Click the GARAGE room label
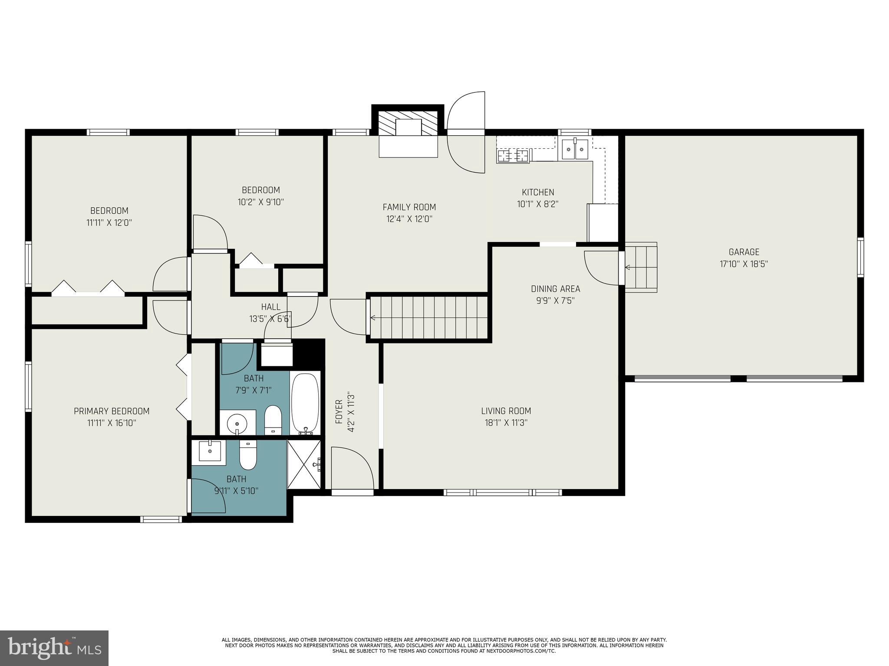[x=744, y=252]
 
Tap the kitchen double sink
[x=575, y=149]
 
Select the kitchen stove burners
[x=514, y=156]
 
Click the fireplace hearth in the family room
[x=408, y=146]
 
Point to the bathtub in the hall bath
[x=305, y=403]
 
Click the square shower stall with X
[x=304, y=464]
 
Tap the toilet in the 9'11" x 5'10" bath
[x=248, y=455]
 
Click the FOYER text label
[x=339, y=412]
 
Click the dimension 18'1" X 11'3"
[x=506, y=423]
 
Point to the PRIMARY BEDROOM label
[x=112, y=411]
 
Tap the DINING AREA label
[x=555, y=289]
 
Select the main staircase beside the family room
[x=428, y=318]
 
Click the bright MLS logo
[x=54, y=648]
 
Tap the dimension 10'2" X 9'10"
[x=261, y=202]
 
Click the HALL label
[x=270, y=307]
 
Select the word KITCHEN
[x=538, y=192]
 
